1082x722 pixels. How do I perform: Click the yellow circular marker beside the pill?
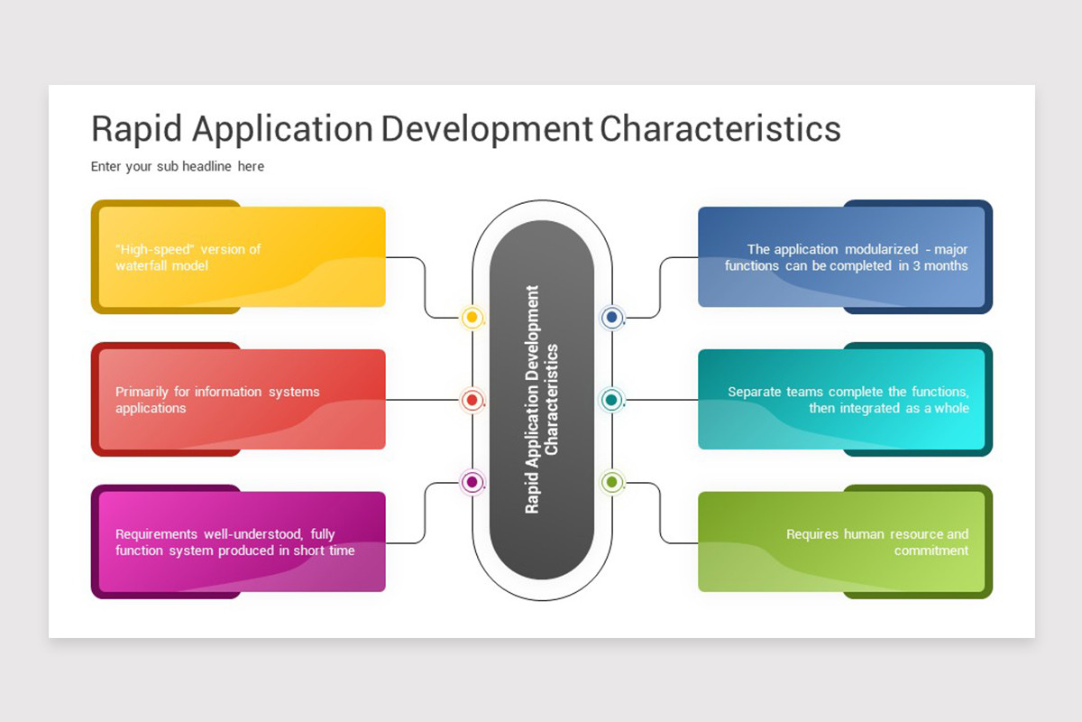(472, 318)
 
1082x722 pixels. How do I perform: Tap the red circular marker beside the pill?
(472, 400)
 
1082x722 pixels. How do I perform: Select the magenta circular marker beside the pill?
(472, 482)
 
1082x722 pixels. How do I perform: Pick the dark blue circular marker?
(612, 318)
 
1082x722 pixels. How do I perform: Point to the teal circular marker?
(612, 400)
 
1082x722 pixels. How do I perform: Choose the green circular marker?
(612, 482)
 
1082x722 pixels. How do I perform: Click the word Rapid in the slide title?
(137, 128)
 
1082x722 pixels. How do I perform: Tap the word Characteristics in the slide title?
(720, 128)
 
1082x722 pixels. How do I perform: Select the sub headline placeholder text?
(178, 166)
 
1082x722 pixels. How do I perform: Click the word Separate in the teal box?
(755, 392)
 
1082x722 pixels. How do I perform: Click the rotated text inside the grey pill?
(542, 400)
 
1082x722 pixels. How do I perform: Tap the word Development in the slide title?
(487, 128)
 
